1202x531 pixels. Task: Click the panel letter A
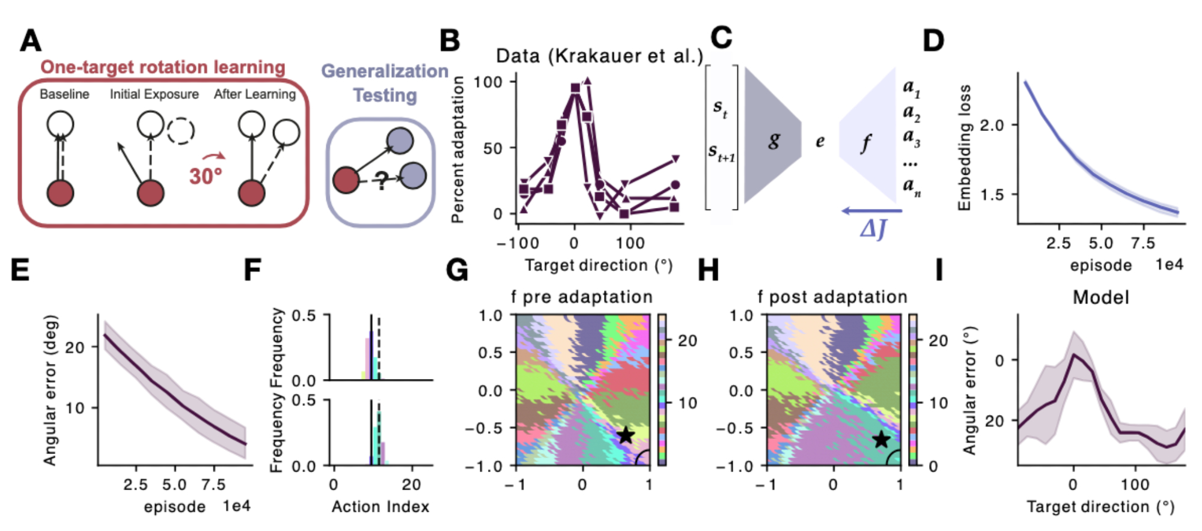(31, 41)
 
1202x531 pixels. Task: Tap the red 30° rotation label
(206, 176)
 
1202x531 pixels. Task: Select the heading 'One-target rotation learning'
(162, 67)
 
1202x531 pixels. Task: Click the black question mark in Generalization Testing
(381, 180)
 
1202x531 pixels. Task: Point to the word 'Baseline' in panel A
(64, 94)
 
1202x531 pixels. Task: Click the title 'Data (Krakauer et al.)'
(599, 56)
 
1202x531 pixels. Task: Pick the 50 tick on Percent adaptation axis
(493, 148)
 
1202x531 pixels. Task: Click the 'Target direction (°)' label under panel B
(599, 265)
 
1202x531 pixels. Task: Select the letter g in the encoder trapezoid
(774, 141)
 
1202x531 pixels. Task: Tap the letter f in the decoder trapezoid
(866, 143)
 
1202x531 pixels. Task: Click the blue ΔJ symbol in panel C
(873, 229)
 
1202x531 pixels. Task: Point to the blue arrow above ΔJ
(871, 211)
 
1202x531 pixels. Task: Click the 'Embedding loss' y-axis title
(965, 148)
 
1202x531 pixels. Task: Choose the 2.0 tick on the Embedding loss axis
(992, 125)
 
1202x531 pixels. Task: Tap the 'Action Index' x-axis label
(380, 507)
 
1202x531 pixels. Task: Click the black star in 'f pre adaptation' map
(626, 435)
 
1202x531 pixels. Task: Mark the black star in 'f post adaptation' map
(881, 439)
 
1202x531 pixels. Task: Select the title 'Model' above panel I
(1101, 297)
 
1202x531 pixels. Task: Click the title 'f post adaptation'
(832, 297)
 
